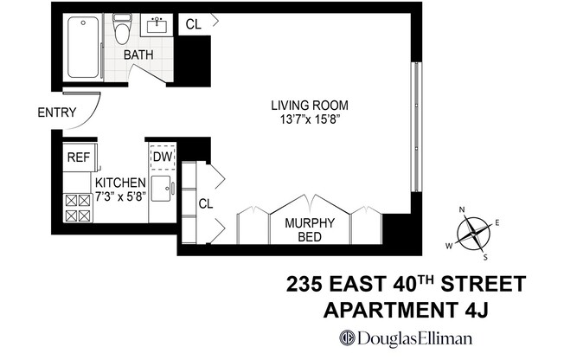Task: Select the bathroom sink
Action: tap(158, 25)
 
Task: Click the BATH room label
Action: tap(138, 55)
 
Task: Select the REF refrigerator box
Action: tap(79, 157)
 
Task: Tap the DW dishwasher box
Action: tap(163, 157)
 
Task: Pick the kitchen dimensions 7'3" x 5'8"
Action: tap(119, 197)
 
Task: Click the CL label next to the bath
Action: tap(193, 25)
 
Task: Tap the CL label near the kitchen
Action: tap(205, 204)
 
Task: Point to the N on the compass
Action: tap(463, 209)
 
